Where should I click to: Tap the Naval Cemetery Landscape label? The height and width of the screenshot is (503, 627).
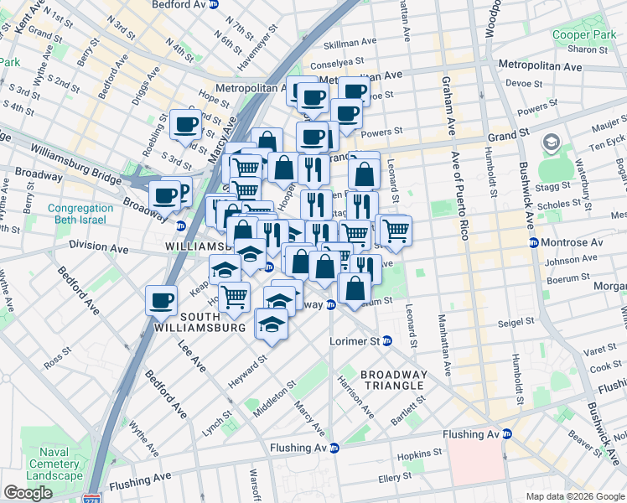click(x=54, y=464)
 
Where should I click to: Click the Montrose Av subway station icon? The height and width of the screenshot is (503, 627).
click(x=534, y=242)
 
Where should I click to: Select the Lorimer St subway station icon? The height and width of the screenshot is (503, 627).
click(x=386, y=341)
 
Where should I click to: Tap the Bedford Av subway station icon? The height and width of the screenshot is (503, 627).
click(x=214, y=4)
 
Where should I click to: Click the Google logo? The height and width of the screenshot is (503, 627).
click(x=28, y=493)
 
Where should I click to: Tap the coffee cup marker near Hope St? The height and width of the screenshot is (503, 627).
click(x=185, y=125)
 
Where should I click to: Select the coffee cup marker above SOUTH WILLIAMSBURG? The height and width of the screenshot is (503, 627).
click(x=161, y=299)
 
